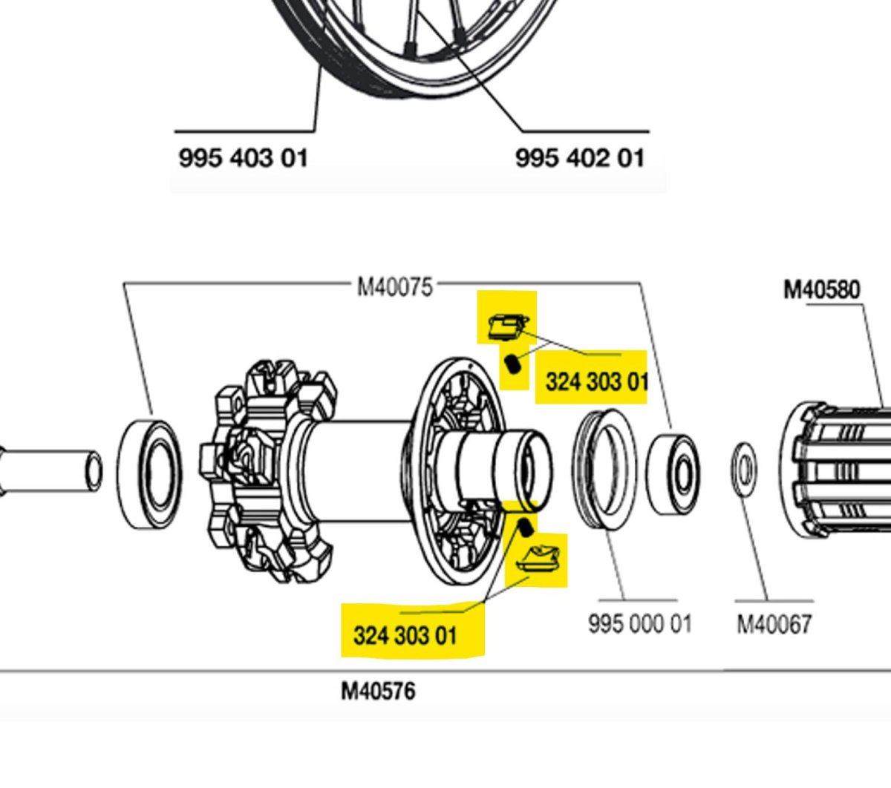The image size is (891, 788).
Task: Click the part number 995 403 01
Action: (243, 158)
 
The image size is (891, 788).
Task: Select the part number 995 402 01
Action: (580, 158)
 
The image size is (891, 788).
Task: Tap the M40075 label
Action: (394, 286)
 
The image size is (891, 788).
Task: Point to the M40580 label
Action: (822, 289)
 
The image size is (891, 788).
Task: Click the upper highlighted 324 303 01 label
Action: (596, 382)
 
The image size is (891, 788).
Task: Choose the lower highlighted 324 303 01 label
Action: (405, 635)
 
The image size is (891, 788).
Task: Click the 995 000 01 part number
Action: (639, 623)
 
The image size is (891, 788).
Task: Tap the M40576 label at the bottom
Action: (378, 692)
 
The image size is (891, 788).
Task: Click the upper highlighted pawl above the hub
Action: (508, 326)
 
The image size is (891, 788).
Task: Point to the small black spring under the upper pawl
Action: (512, 365)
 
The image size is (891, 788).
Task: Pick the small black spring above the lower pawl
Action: (525, 528)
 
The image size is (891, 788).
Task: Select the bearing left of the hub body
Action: (149, 475)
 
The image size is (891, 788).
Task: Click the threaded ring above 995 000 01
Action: (604, 469)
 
